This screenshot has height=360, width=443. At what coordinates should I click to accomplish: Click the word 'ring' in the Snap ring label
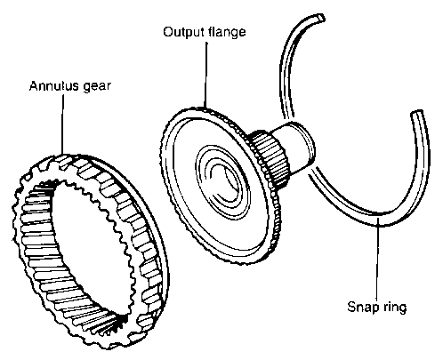coord(395,307)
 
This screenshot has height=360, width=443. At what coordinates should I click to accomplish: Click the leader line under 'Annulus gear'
coord(62,124)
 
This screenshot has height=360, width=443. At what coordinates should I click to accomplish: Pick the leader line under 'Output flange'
coord(205,74)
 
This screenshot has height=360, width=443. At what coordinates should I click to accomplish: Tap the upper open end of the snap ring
coord(320,17)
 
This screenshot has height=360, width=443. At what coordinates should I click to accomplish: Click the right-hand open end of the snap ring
coord(417,114)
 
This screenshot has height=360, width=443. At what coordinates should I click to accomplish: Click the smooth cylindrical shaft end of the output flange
coord(296,147)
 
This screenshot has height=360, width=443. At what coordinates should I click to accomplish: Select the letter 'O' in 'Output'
coord(168,32)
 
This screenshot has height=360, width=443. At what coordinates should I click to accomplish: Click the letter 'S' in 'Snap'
coord(351,307)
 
